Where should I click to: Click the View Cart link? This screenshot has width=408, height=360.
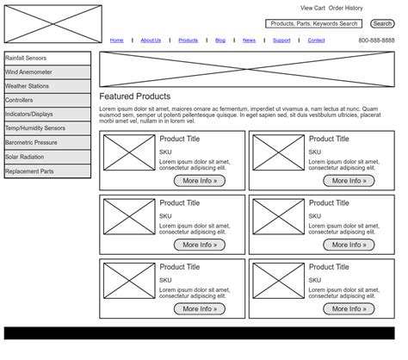(312, 8)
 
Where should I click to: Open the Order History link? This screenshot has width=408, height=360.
(346, 8)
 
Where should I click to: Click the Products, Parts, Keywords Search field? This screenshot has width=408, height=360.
(313, 24)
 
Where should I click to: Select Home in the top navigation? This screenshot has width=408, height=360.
(116, 40)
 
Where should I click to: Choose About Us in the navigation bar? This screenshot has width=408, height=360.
(151, 40)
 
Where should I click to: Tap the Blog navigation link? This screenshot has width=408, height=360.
(220, 40)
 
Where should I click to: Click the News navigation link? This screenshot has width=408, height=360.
(249, 40)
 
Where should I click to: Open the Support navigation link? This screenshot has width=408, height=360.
(281, 40)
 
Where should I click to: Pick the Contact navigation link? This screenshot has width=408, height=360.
(316, 40)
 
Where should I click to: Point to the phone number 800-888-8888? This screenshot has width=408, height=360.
(376, 40)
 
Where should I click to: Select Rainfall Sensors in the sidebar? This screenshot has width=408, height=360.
(47, 59)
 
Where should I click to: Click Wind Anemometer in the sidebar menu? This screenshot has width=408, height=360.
(47, 72)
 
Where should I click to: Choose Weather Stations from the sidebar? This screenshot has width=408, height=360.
(47, 86)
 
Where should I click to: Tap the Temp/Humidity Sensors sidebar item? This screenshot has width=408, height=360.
(47, 128)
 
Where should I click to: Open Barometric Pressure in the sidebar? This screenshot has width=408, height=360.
(47, 143)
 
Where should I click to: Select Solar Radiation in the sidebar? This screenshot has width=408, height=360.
(47, 157)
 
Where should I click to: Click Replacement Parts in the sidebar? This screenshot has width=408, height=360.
(47, 171)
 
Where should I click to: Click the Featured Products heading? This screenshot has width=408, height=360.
(135, 96)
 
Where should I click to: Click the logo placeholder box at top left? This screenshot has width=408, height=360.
(53, 24)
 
